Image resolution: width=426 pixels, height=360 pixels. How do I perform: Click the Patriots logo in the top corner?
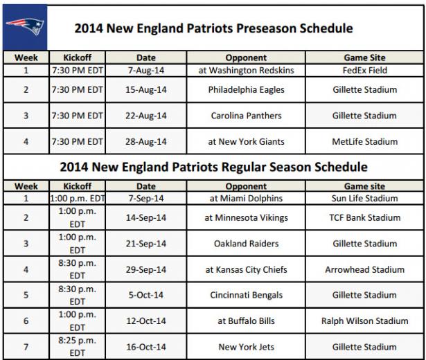click(25, 27)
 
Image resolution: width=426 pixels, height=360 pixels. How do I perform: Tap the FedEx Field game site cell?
click(364, 71)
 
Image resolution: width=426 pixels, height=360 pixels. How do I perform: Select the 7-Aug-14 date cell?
click(146, 71)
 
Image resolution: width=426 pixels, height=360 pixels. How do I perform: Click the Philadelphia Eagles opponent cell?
click(246, 89)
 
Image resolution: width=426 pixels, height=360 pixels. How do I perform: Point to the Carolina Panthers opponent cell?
click(246, 116)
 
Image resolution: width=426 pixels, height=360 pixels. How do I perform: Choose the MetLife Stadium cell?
click(364, 141)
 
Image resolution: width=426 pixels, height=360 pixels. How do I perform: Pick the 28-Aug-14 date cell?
click(146, 141)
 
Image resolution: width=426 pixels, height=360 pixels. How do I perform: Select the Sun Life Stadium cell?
click(364, 198)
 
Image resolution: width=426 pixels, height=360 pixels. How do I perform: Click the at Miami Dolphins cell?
click(246, 198)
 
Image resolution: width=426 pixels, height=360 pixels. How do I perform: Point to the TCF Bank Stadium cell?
click(364, 217)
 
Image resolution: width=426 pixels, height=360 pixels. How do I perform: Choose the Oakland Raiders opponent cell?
click(246, 244)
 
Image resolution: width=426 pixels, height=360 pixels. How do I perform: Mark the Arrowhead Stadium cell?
click(364, 269)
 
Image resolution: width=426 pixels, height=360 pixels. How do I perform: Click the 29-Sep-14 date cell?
click(146, 269)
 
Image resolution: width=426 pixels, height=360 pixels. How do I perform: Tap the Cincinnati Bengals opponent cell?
click(246, 295)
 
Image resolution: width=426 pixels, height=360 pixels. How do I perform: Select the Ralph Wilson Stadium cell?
click(364, 321)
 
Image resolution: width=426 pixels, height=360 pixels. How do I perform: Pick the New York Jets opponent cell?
click(246, 347)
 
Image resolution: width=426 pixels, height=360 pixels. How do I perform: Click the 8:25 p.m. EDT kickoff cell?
click(77, 347)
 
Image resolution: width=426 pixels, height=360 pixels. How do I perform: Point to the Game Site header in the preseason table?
click(364, 57)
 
